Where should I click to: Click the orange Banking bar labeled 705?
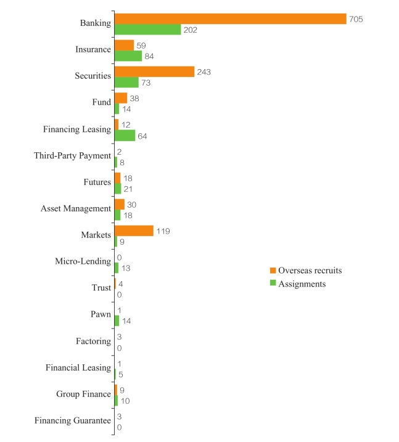(x=230, y=19)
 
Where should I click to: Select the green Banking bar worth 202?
(x=147, y=30)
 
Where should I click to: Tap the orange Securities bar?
(x=154, y=72)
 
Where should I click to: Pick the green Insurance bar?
(x=128, y=56)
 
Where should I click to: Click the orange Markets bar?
(x=134, y=231)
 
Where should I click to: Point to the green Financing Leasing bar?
(x=125, y=136)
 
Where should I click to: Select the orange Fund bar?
(x=121, y=98)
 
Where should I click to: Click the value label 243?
(x=204, y=72)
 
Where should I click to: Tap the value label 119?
(x=163, y=231)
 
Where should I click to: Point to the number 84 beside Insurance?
(x=150, y=56)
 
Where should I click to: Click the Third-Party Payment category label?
(x=73, y=156)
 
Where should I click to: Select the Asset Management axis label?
(x=76, y=208)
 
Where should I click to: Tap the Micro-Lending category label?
(x=83, y=261)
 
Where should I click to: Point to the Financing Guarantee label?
(x=73, y=420)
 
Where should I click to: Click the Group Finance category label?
(x=83, y=394)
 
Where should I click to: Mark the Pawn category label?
(x=101, y=314)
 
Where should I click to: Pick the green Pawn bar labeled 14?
(x=117, y=321)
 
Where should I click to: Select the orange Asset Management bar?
(x=120, y=204)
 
